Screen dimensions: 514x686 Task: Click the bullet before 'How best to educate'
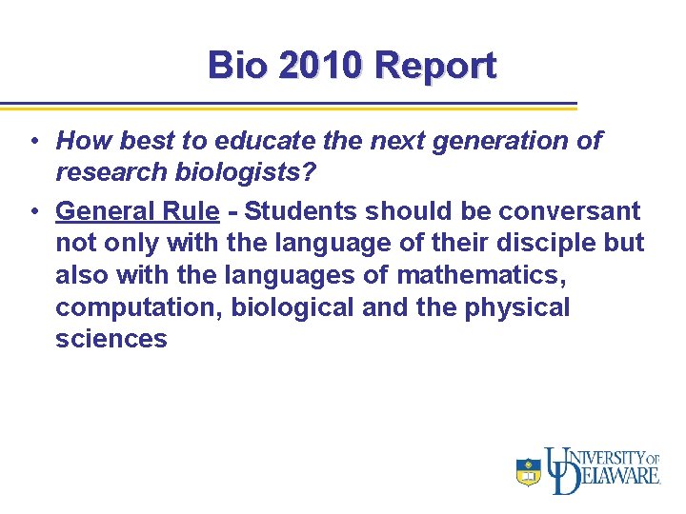[32, 142]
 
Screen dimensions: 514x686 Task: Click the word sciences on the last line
[111, 340]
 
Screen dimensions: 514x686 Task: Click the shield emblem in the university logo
[529, 471]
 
